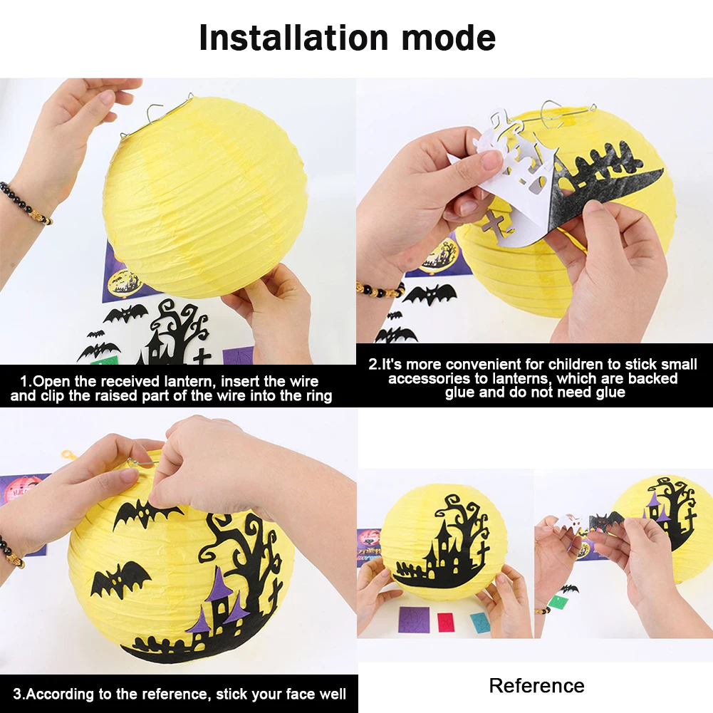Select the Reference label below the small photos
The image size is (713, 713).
click(536, 686)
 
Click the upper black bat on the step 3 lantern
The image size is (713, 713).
click(145, 512)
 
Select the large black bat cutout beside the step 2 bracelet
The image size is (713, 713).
click(429, 293)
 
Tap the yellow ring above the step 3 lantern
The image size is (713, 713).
click(68, 454)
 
